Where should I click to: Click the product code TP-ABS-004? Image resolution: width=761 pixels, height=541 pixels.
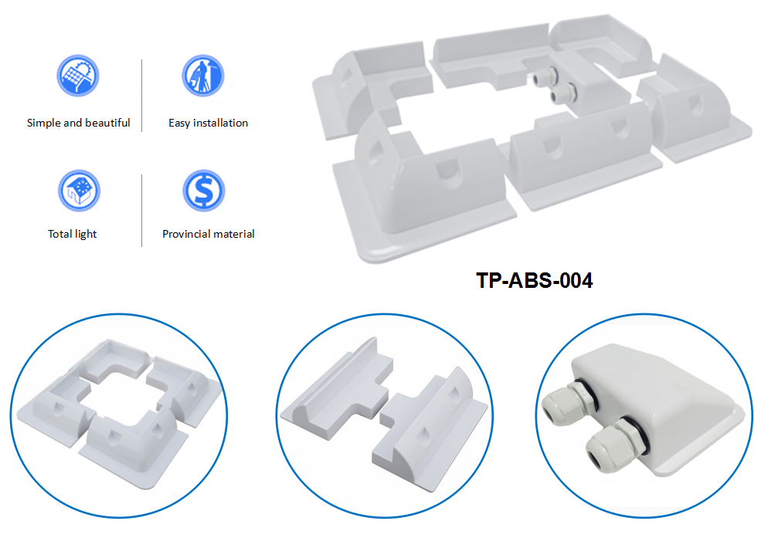tap(534, 281)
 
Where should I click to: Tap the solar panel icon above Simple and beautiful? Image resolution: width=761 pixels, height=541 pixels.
tap(78, 76)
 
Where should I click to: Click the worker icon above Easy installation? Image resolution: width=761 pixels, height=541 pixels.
tap(203, 76)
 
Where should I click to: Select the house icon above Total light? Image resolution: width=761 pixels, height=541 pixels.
tap(79, 191)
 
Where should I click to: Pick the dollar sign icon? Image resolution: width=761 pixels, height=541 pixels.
tap(203, 191)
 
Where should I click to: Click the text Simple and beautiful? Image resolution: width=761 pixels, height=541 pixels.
tap(78, 123)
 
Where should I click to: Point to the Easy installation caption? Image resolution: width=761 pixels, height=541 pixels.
tap(208, 123)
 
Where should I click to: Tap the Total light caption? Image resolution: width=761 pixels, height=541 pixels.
tap(73, 234)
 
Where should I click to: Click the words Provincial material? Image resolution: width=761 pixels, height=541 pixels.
tap(208, 234)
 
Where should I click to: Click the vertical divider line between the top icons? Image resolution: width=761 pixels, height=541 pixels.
tap(142, 95)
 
